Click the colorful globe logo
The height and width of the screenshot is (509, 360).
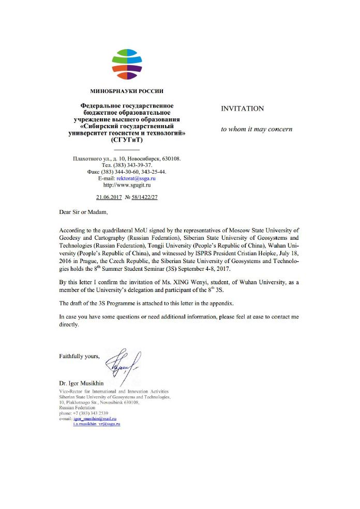tap(127, 64)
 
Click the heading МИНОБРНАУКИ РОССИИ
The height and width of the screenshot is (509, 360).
tap(127, 91)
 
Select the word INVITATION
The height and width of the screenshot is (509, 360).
tap(242, 109)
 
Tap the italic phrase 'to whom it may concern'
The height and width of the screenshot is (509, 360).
tap(257, 129)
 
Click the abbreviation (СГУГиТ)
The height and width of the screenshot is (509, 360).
tap(127, 140)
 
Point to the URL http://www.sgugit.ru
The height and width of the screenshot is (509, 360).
tap(127, 184)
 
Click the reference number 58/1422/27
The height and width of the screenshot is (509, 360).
tap(145, 197)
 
